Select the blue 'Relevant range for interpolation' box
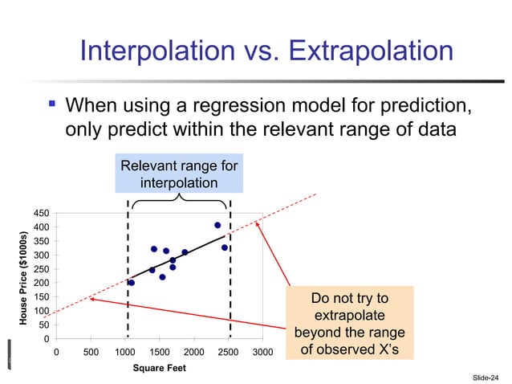(x=179, y=174)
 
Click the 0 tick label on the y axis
(x=47, y=339)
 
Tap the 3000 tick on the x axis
(x=262, y=353)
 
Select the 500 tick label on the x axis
(x=90, y=353)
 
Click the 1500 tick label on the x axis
(x=159, y=353)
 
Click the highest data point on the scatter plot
(x=217, y=225)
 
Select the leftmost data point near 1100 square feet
(x=132, y=283)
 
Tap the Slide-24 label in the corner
(x=485, y=376)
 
